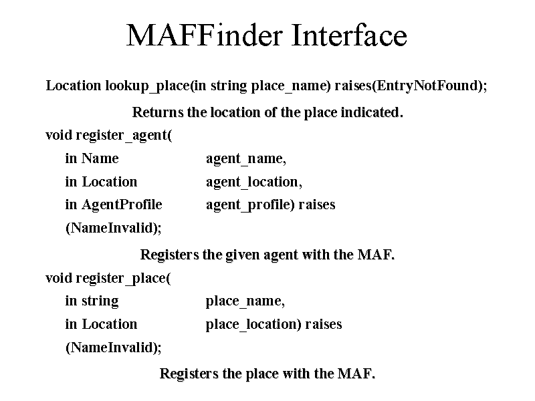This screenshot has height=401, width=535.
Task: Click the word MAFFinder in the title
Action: click(205, 35)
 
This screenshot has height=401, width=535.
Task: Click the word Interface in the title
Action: click(349, 35)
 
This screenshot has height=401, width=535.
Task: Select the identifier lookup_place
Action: click(147, 86)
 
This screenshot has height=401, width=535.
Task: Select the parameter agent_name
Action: click(245, 159)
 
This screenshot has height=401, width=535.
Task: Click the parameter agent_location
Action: click(254, 182)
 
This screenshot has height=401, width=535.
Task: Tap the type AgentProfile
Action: click(122, 205)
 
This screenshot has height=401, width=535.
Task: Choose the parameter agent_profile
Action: click(249, 205)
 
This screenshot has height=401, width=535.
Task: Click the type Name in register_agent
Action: click(100, 158)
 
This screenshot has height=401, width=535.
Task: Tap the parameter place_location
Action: click(253, 325)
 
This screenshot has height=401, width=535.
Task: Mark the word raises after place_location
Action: click(324, 325)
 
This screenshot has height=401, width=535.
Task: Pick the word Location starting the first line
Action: click(74, 86)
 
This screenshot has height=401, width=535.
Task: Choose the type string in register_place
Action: click(100, 301)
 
